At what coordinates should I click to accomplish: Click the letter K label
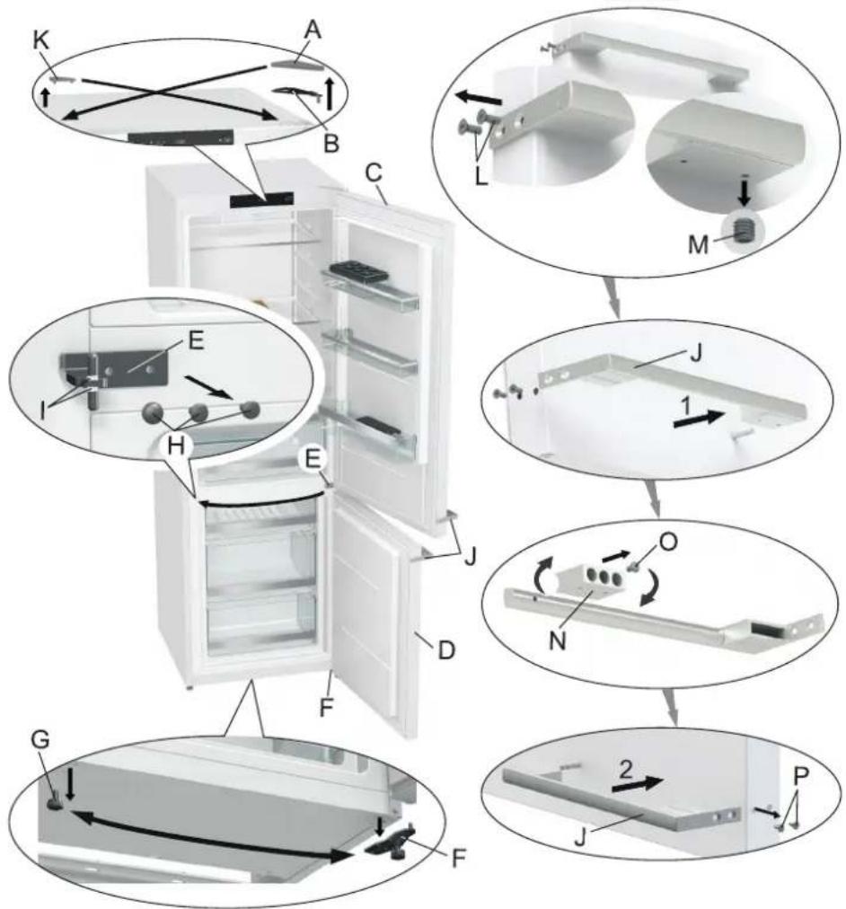[40, 40]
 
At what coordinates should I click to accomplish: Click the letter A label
[312, 31]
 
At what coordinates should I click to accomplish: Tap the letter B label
[330, 144]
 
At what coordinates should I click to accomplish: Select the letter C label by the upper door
[375, 172]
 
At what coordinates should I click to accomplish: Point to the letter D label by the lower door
[445, 650]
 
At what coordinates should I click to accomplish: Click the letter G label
[40, 740]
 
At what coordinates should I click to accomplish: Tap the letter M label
[698, 245]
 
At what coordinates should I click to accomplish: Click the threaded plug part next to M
[744, 232]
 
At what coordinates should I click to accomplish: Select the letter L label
[481, 177]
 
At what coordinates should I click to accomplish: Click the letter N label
[557, 641]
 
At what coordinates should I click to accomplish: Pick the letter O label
[668, 542]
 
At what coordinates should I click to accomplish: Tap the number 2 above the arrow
[626, 770]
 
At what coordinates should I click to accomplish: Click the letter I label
[42, 411]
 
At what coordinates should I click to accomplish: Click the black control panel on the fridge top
[261, 200]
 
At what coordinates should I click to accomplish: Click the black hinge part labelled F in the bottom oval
[390, 843]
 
